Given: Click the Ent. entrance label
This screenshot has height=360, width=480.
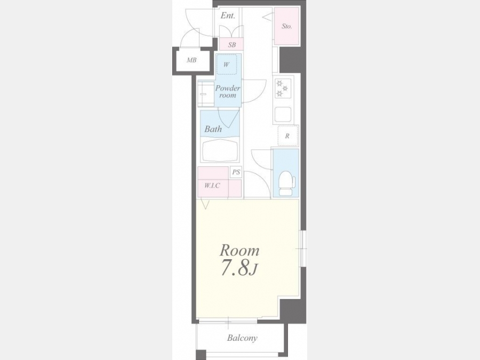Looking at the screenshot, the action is pos(228,15).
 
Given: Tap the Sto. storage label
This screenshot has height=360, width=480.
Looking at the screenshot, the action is pos(286,26).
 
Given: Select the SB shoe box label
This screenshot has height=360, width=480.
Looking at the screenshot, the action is pos(232,45).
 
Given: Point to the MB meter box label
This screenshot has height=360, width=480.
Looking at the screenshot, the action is pos(191,60).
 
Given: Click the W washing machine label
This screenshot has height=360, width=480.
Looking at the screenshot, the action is pos(226,65).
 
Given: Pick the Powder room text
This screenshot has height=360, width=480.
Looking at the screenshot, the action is pos(227,92).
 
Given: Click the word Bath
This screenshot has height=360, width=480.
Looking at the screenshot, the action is pos(213,129).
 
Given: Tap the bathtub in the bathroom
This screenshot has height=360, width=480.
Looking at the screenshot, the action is pos(220,150).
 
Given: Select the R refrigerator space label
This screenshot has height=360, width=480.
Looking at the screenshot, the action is pos(287,136).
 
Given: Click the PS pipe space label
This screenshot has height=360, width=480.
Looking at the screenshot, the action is pos(236,172).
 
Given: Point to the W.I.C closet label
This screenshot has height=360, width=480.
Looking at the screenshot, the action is pos(212,186).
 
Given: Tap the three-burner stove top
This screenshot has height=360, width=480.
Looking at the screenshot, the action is pos(283,88).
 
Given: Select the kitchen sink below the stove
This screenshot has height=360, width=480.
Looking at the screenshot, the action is pos(283,115).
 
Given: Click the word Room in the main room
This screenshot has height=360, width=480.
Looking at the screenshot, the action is pos(239,251).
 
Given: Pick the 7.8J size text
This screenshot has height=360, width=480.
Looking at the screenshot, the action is pos(239,269).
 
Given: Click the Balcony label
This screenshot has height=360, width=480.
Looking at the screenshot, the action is pos(242,338).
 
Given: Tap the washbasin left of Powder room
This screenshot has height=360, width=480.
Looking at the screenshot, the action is pos(206,93).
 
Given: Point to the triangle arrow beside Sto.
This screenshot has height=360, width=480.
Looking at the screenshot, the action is pos(267,18).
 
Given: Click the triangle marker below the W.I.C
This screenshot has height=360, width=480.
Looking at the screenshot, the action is pos(205,204).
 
